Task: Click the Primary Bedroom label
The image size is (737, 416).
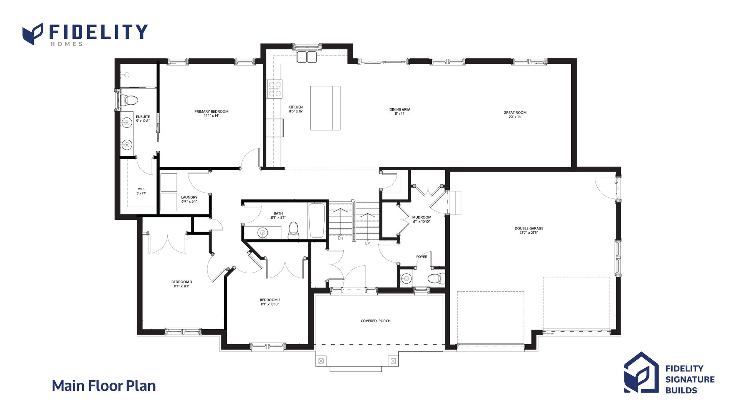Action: pos(211,114)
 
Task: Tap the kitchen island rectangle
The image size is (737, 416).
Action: pos(325,108)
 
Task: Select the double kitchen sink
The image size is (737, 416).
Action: pos(307,57)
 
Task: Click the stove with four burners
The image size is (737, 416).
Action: pos(275,89)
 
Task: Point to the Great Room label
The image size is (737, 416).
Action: pos(515,115)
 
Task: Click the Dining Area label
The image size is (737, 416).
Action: pos(400,112)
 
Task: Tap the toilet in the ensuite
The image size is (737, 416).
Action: pos(129,101)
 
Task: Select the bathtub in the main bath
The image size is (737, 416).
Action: pos(317,221)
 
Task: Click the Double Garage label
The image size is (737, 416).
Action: pos(529,230)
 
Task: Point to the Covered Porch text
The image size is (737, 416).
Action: pos(375,321)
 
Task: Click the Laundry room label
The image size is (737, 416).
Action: pos(189,200)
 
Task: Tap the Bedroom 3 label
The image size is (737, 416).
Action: pos(182,284)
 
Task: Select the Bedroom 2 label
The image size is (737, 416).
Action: pos(270,302)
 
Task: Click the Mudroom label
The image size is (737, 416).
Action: pos(422,220)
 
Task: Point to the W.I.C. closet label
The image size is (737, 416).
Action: pos(142,191)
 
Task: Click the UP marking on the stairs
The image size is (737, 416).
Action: pos(367,243)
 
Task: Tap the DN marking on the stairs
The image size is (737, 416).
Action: pos(340,238)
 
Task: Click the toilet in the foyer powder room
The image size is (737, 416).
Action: pos(436,278)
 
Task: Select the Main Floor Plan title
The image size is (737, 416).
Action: pos(104,386)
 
